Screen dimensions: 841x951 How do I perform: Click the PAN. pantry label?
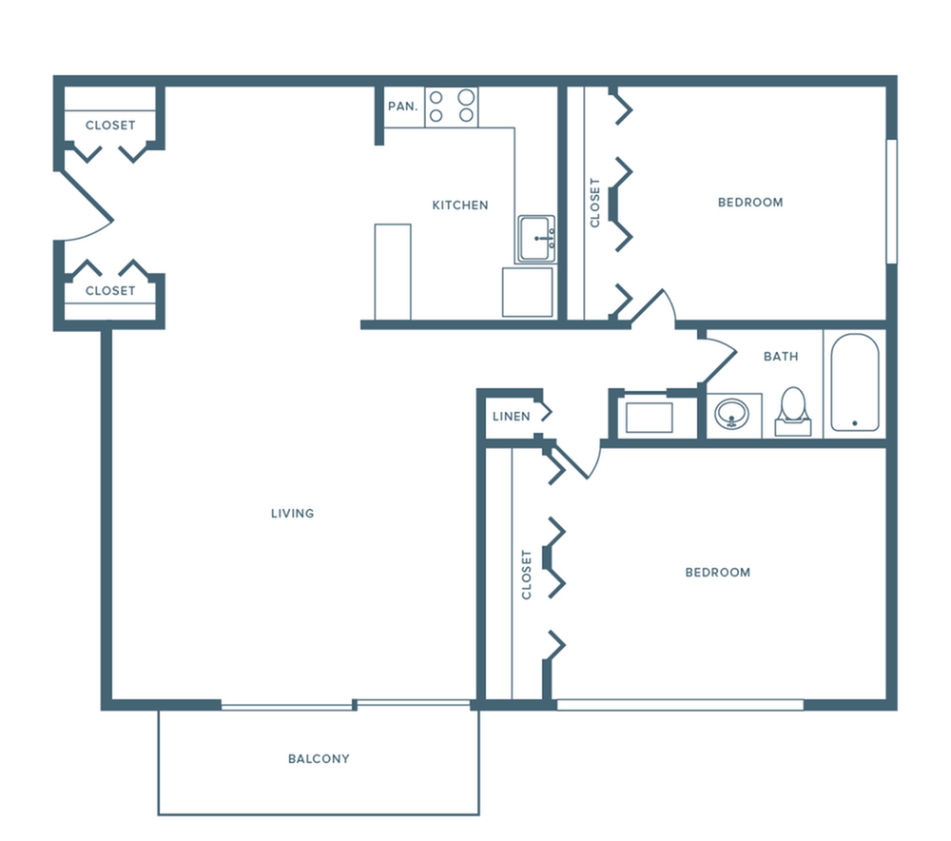402,107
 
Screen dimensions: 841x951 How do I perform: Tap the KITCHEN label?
460,205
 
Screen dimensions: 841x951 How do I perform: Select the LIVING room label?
292,514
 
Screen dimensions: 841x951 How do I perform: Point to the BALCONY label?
319,759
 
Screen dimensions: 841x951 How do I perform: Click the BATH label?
781,357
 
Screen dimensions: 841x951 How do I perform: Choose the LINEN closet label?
511,417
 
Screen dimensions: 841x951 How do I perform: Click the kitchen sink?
538,238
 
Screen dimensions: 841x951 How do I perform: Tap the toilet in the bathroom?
791,410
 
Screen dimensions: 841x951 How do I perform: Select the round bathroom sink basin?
732,414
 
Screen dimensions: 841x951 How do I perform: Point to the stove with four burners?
452,106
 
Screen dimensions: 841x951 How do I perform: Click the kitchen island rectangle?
393,272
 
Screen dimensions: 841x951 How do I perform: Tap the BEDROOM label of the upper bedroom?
750,203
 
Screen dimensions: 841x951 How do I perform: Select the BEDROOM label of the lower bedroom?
718,573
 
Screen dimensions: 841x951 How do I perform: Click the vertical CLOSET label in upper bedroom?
595,203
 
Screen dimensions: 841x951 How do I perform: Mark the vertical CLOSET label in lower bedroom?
527,574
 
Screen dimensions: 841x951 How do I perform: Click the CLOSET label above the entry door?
110,125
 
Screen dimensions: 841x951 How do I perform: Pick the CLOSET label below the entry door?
110,290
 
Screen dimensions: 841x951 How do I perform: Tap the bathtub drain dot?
854,423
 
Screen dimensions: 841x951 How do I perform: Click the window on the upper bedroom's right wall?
891,202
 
